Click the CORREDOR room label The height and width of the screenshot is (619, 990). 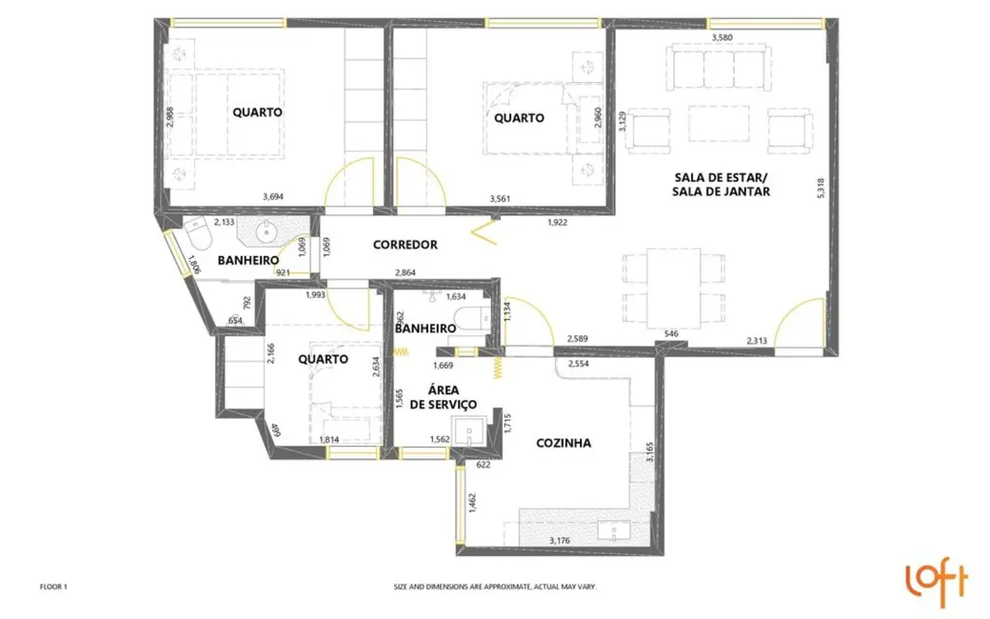tap(406, 245)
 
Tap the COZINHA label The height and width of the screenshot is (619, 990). tap(564, 443)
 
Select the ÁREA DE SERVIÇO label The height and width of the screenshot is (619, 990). tap(451, 396)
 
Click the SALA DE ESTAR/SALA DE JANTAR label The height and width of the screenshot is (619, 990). tap(722, 184)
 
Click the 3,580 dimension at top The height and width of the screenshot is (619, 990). tap(726, 37)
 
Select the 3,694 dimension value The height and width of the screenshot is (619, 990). tap(273, 197)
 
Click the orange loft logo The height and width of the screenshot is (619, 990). tap(936, 585)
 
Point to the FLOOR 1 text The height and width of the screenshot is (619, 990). tap(53, 588)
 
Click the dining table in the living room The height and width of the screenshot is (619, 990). tap(671, 288)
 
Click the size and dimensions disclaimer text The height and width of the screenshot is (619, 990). tap(495, 588)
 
